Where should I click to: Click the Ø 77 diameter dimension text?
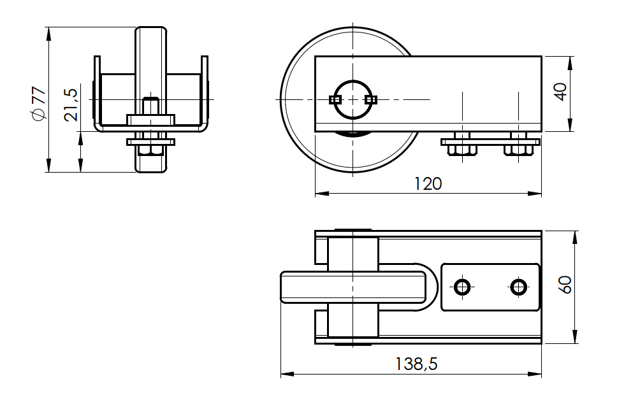click(x=38, y=103)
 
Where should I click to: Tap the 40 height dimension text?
click(x=560, y=92)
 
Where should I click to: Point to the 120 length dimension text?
click(x=427, y=184)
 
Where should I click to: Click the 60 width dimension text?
click(x=565, y=284)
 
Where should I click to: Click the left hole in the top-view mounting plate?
click(x=462, y=287)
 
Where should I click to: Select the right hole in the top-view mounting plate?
click(x=519, y=287)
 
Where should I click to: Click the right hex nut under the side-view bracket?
click(x=519, y=150)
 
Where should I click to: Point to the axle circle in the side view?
click(x=353, y=99)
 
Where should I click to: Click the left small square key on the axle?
click(x=335, y=99)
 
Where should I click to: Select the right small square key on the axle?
click(x=371, y=99)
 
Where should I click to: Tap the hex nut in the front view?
click(x=150, y=150)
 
